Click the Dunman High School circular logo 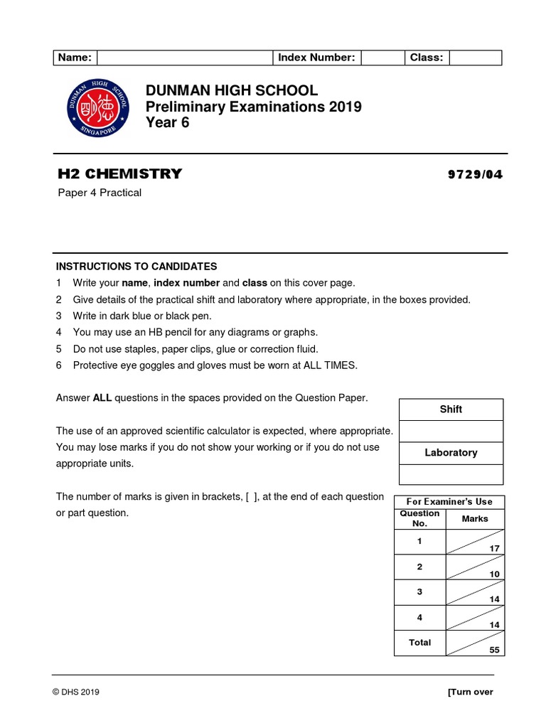(x=98, y=107)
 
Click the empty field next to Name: (x=185, y=58)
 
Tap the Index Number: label (x=316, y=58)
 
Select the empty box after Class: (x=475, y=58)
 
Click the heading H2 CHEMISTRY (x=119, y=173)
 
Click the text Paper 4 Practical (x=99, y=193)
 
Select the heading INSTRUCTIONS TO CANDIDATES (x=136, y=267)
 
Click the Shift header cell (x=451, y=409)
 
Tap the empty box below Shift (x=451, y=431)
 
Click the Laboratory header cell (x=451, y=453)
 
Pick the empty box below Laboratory (x=451, y=474)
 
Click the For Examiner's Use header (x=449, y=502)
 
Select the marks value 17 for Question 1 (x=495, y=548)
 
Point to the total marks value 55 (x=495, y=650)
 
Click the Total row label (x=419, y=643)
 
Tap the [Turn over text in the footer (x=470, y=692)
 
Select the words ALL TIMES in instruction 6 (x=329, y=365)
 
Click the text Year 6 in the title (x=168, y=123)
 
